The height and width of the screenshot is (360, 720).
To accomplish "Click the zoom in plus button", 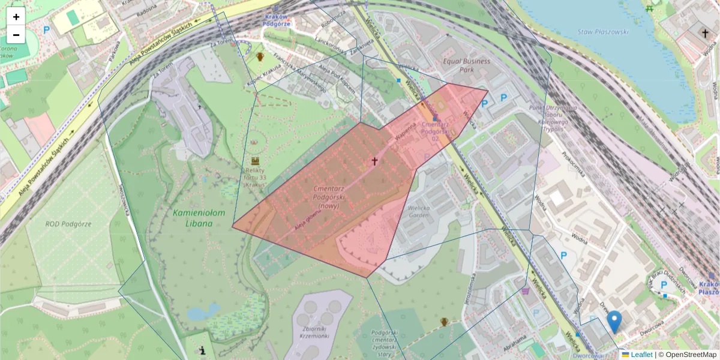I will point(16,17).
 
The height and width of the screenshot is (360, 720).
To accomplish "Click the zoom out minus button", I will point(16,35).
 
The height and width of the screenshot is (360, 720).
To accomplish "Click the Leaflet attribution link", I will point(641,355).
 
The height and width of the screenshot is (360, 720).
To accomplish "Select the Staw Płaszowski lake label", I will point(602,32).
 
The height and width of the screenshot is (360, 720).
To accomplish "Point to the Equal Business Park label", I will point(466,65).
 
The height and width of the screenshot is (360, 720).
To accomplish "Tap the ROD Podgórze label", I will point(68,224).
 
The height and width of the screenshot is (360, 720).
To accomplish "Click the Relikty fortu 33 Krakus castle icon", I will point(256,161).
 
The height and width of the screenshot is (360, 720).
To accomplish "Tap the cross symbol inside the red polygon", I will point(374,161).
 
